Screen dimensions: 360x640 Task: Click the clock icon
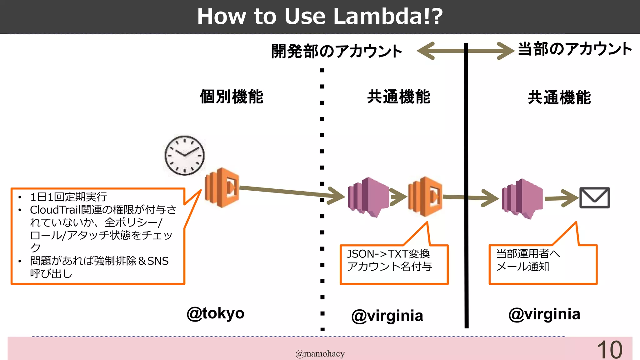tap(185, 155)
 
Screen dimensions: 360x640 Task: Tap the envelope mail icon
tap(595, 197)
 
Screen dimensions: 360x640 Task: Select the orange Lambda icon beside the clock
tap(222, 187)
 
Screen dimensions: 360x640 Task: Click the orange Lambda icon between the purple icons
tap(425, 196)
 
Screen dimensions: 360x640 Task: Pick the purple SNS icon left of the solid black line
tap(368, 197)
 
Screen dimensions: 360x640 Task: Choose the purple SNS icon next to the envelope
tap(522, 198)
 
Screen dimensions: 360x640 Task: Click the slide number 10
tap(610, 350)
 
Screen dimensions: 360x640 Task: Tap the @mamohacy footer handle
tap(320, 353)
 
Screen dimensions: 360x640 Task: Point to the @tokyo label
tap(216, 313)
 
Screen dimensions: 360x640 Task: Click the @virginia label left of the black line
tap(387, 316)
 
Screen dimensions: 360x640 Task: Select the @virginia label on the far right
tap(544, 314)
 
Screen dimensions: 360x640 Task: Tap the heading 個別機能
tap(232, 97)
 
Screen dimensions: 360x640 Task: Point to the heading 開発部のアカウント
tap(337, 51)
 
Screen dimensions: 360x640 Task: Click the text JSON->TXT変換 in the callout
tap(388, 254)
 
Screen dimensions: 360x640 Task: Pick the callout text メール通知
tap(522, 267)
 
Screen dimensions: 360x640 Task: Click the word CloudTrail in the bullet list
tap(55, 210)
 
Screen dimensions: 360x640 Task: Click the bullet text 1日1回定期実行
tap(68, 197)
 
